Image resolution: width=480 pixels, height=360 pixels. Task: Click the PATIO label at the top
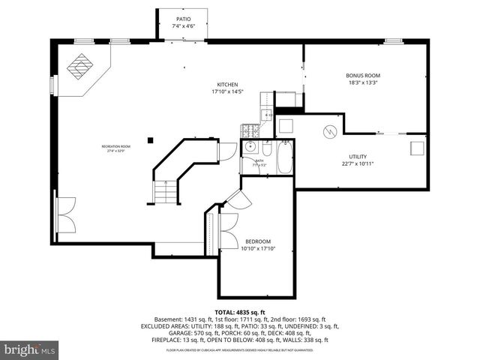[184, 19]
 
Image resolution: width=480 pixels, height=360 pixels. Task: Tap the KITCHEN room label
[228, 85]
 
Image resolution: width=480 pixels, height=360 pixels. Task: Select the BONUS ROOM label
[363, 76]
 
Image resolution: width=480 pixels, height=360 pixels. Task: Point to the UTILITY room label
[357, 156]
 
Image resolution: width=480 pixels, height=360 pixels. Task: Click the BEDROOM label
[257, 241]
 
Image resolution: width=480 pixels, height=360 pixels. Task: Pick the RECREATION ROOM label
[116, 146]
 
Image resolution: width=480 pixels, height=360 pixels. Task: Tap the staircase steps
[164, 193]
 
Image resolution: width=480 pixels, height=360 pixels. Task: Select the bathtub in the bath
[285, 158]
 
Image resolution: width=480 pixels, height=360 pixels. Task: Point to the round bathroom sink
[253, 147]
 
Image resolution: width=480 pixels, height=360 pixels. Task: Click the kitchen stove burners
[249, 130]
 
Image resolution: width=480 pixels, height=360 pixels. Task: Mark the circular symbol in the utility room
[326, 132]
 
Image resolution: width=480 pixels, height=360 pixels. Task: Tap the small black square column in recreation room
[151, 139]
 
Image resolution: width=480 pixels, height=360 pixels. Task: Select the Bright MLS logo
[30, 349]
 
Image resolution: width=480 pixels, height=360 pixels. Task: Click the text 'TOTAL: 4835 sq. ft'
[240, 312]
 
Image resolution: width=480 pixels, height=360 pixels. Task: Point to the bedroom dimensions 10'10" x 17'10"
[257, 248]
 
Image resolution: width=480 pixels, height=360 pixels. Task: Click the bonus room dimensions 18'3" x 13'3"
[363, 83]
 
